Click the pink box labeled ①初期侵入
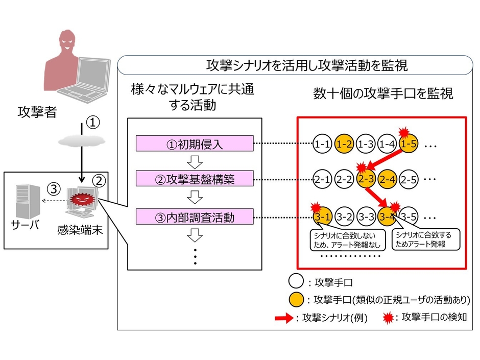195,144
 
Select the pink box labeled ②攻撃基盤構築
195,179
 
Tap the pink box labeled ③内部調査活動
195,217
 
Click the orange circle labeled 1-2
344,145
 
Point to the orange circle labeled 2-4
388,180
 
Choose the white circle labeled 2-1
322,180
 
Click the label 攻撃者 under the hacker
36,112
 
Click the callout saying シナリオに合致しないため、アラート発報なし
346,239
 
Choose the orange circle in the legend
297,299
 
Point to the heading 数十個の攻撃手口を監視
383,94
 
